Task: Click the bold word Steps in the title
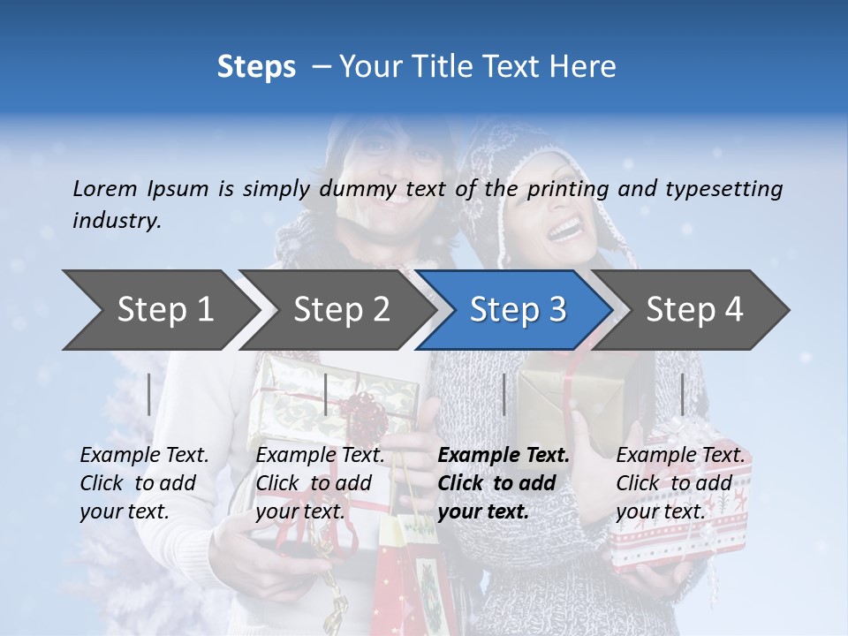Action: pos(256,67)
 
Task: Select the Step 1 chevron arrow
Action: pos(159,309)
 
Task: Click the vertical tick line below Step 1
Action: pos(149,394)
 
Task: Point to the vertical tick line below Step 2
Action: pos(326,394)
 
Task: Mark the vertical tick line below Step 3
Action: pos(503,394)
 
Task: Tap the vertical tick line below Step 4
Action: pos(682,394)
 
